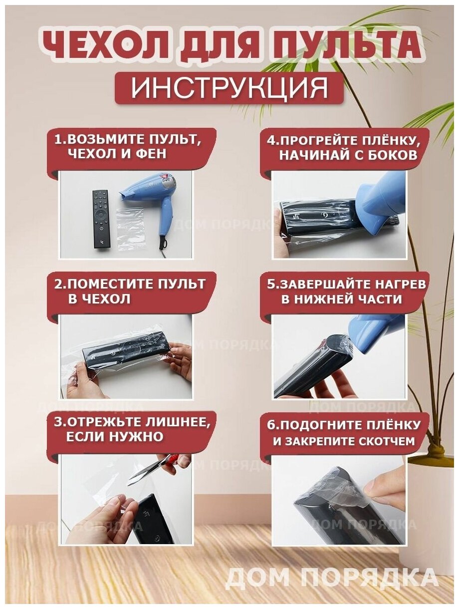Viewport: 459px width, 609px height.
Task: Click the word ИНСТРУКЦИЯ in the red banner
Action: point(229,88)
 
